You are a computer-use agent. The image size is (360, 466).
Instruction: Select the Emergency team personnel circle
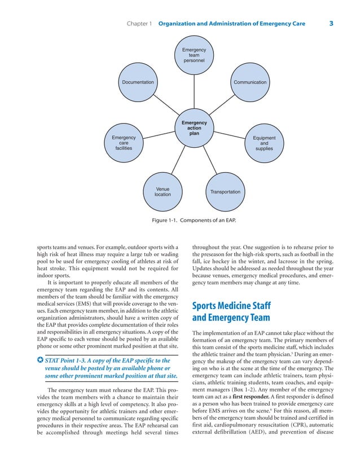(x=194, y=55)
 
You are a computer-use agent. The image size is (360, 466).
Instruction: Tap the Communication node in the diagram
(x=250, y=82)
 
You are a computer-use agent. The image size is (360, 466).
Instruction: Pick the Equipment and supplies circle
(x=264, y=143)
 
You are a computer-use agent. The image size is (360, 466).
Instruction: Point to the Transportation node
(x=225, y=192)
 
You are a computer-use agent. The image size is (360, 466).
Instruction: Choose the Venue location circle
(x=163, y=192)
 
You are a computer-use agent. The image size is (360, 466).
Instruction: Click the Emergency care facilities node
(x=124, y=143)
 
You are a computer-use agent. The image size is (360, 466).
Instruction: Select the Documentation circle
(x=138, y=82)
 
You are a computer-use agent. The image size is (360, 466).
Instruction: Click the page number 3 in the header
(x=331, y=24)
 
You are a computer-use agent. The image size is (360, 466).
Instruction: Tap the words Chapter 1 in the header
(x=139, y=24)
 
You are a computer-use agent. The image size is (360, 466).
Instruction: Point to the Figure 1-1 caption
(x=194, y=219)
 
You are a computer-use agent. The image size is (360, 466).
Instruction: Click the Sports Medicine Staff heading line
(x=231, y=306)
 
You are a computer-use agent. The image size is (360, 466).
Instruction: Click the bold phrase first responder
(x=252, y=397)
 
